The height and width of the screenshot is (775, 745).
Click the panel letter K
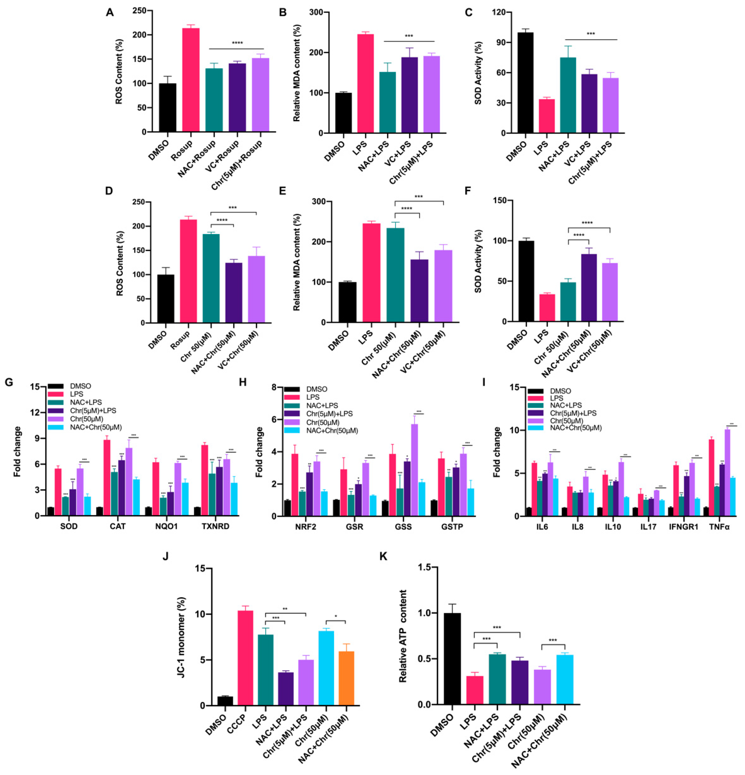click(x=383, y=556)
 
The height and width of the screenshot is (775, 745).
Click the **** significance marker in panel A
click(x=237, y=43)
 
